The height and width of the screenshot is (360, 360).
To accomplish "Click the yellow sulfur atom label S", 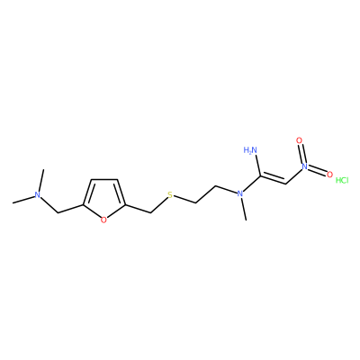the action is point(170,196).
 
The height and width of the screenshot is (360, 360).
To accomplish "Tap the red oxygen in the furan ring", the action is point(103,220).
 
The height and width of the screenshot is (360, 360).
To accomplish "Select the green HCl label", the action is point(342,180).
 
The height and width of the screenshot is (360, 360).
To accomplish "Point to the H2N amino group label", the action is point(251,150).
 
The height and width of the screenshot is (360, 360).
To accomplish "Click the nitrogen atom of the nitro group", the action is point(305,166).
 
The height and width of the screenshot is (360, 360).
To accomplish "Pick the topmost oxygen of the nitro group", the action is point(299,140).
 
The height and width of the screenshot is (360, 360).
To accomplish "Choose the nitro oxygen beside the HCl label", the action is point(329,175).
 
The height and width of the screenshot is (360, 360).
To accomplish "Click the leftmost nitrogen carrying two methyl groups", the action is point(37,194).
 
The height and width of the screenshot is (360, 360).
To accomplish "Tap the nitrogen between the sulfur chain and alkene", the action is point(239,193).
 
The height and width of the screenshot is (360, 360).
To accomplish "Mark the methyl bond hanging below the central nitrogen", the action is point(244,209).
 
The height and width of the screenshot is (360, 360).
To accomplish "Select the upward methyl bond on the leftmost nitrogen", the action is point(41,180).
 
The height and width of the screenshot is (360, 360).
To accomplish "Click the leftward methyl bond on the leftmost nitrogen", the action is point(23,200).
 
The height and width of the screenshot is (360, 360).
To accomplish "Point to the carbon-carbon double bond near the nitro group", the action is point(274,179).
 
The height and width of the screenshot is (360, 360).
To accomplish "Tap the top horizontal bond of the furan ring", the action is point(104,180).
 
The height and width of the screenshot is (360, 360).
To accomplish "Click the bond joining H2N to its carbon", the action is point(257,166).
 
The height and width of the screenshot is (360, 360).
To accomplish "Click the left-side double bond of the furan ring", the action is point(87,193).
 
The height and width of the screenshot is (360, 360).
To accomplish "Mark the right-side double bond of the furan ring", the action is point(121,193).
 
